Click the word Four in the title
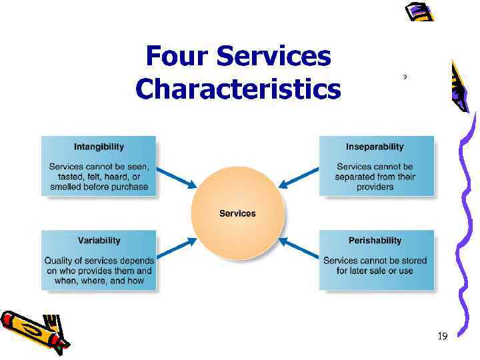pos(176,57)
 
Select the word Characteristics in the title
pos(237,89)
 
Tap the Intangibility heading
pos(99,147)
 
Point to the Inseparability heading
pos(375,147)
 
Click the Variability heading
pos(99,240)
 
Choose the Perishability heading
pos(375,240)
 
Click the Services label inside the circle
pos(237,213)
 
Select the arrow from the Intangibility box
pos(179,177)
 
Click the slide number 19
pos(442,337)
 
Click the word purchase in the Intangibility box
pos(128,187)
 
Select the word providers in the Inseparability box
pos(375,187)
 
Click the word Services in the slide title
pos(275,57)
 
